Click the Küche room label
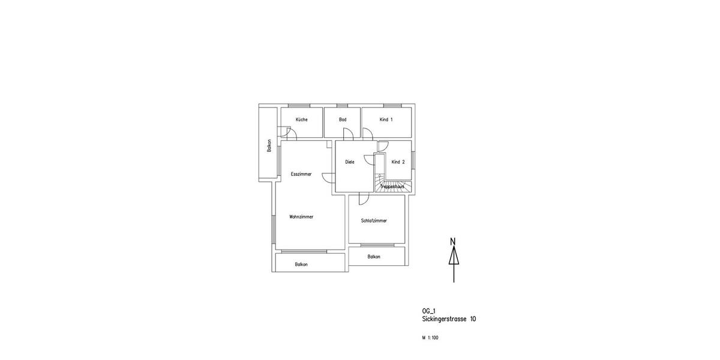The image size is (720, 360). pos(301,119)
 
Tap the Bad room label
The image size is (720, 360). pos(343,119)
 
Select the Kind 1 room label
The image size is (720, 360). pos(386,119)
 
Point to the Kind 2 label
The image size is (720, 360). pos(398,162)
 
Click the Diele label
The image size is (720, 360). pos(350,162)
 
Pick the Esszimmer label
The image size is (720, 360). pos(301,174)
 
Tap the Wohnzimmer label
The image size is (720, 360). pos(301,217)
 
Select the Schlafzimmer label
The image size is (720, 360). pos(374,221)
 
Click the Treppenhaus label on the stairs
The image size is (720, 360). pos(392,187)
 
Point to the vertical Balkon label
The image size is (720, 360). pos(269,145)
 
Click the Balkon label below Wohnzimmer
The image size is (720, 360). pos(301,264)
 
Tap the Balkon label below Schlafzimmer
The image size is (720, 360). pos(374,257)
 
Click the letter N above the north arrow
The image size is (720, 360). pos(453,242)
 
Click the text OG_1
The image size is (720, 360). pos(429,311)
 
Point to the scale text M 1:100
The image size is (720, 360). pos(430,338)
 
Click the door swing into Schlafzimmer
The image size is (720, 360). pos(363,199)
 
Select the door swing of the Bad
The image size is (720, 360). pos(348,134)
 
